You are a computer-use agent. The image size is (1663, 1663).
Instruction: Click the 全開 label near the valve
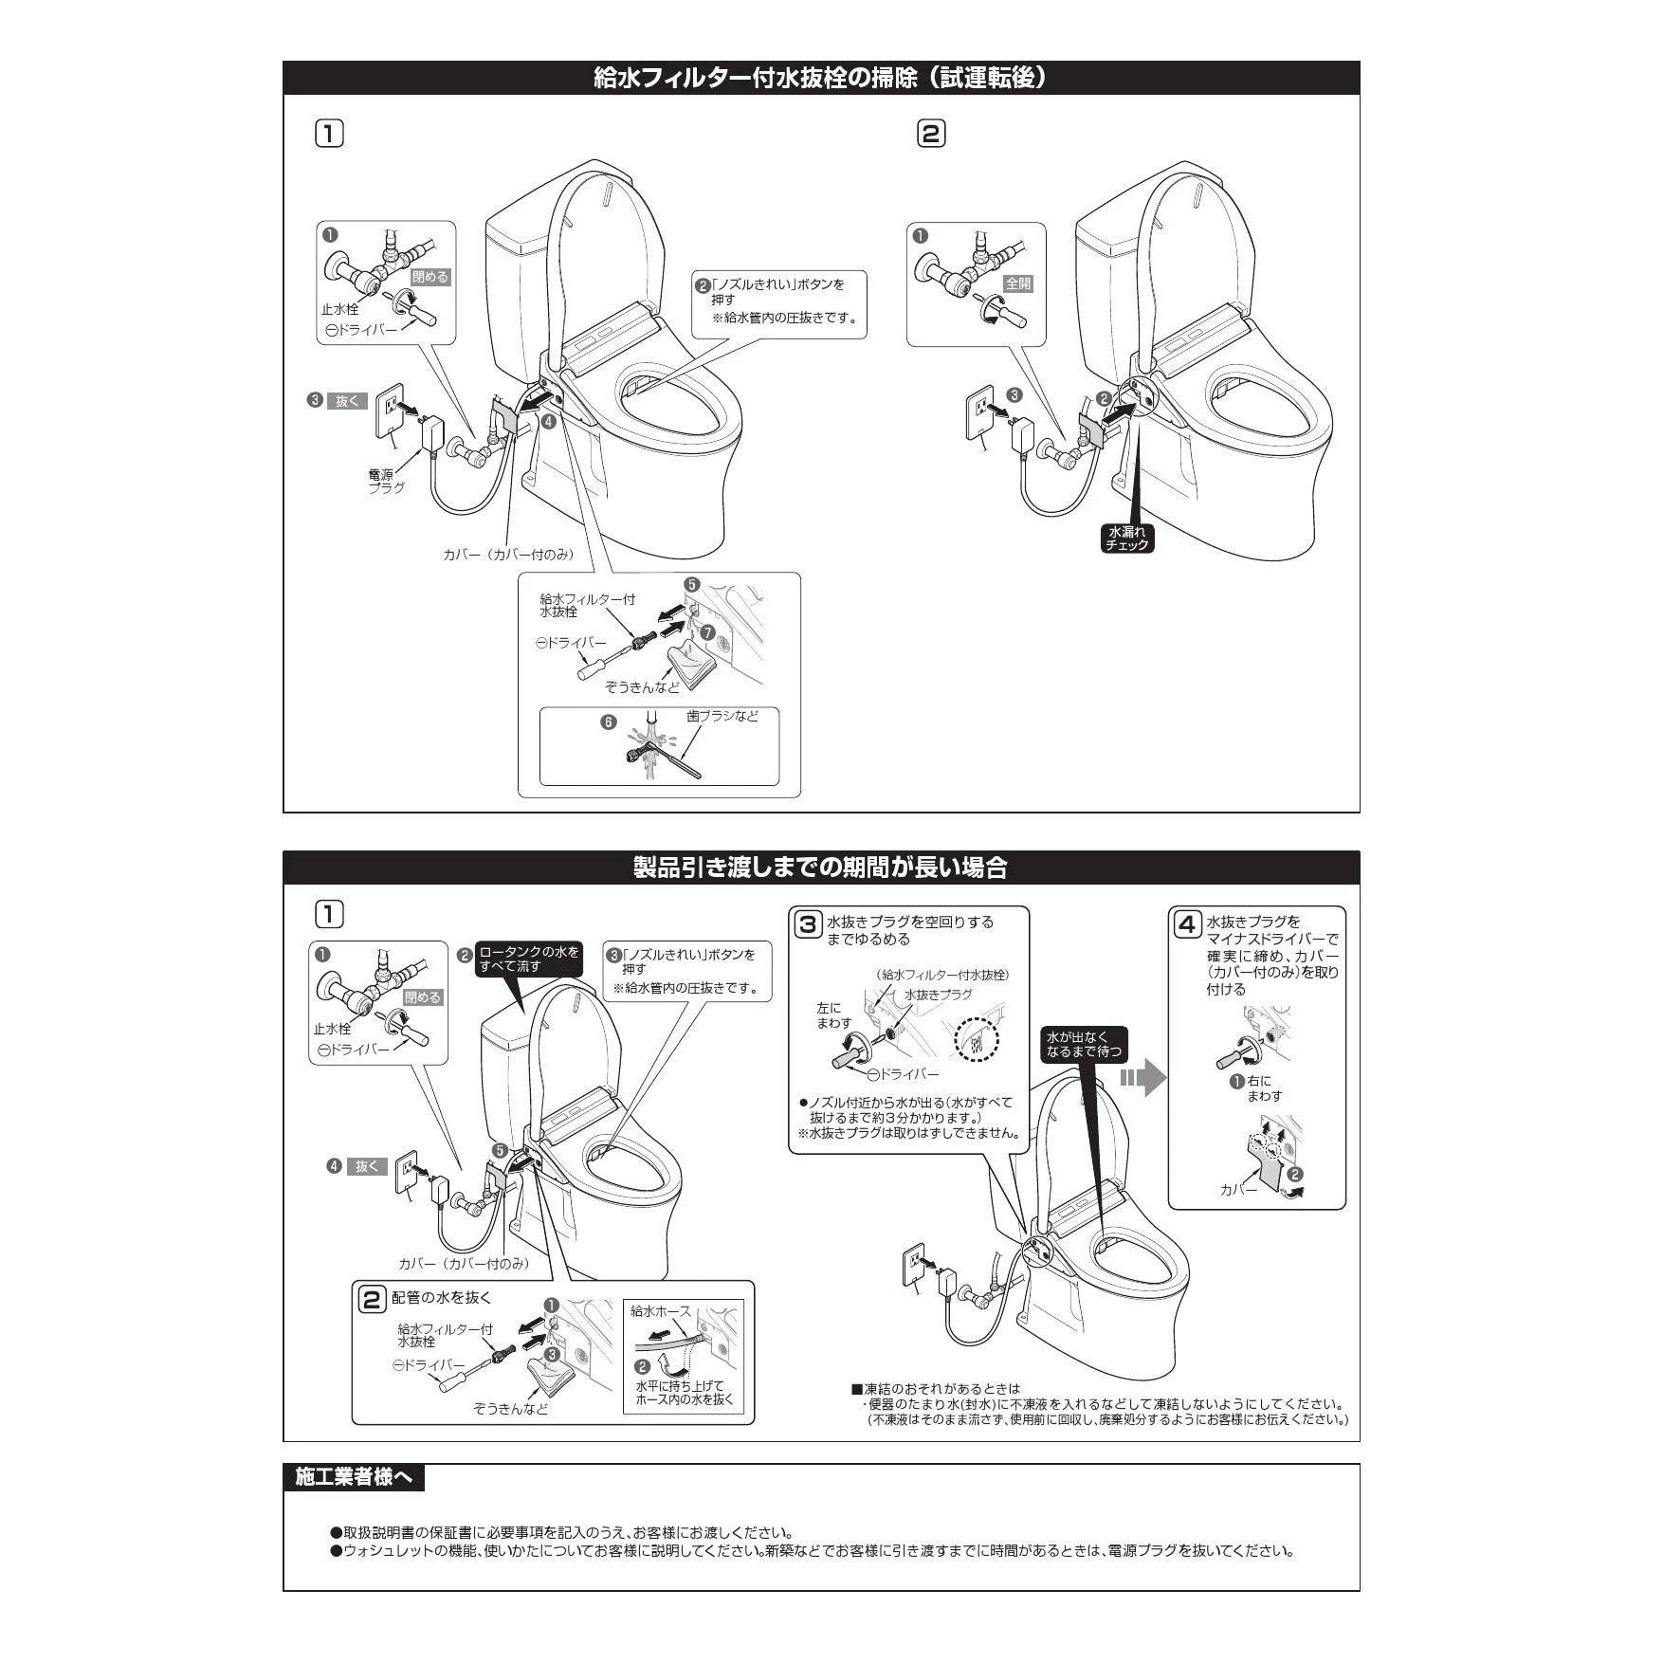(x=1018, y=283)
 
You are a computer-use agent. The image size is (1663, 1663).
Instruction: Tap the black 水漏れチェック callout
(x=1127, y=538)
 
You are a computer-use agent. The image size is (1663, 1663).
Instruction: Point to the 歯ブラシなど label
(x=722, y=717)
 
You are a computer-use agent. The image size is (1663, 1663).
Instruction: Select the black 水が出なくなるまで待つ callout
(x=1083, y=1044)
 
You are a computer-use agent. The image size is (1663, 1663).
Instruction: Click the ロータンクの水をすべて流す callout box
(x=528, y=959)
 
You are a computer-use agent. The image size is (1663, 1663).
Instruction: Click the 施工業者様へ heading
(x=353, y=1476)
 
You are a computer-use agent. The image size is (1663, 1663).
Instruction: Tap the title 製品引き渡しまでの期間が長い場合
(x=820, y=868)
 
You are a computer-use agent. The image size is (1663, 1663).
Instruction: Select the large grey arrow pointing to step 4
(x=1142, y=1078)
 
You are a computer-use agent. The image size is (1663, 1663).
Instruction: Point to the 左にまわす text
(x=833, y=1015)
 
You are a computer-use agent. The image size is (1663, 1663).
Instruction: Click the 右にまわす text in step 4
(x=1264, y=1088)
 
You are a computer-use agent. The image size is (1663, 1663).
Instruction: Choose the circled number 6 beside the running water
(x=609, y=722)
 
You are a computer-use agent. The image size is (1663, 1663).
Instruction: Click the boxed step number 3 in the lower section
(x=807, y=924)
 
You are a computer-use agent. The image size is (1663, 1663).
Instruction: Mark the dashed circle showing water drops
(x=977, y=1039)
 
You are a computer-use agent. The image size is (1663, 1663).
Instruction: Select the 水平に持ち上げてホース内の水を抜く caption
(x=684, y=1393)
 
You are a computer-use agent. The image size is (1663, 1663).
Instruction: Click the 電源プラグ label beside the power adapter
(x=386, y=481)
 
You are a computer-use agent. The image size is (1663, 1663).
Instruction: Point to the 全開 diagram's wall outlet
(x=978, y=412)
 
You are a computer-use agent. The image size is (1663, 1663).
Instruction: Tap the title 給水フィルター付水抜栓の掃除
(x=820, y=79)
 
